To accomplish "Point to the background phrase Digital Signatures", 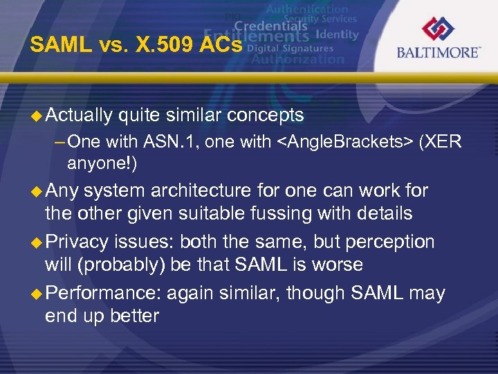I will pyautogui.click(x=289, y=48).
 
